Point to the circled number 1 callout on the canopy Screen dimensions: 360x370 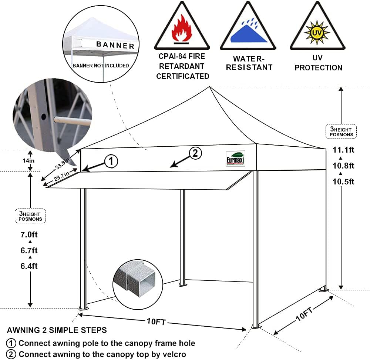click(111, 161)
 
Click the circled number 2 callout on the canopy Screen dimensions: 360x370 click(195, 153)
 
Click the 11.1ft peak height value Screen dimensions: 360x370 click(343, 150)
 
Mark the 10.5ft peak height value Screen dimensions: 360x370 click(343, 181)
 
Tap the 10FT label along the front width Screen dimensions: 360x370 click(156, 322)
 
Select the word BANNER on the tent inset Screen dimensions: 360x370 click(115, 45)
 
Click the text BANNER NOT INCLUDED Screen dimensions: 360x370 click(101, 66)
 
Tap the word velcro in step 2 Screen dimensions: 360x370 click(174, 354)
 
